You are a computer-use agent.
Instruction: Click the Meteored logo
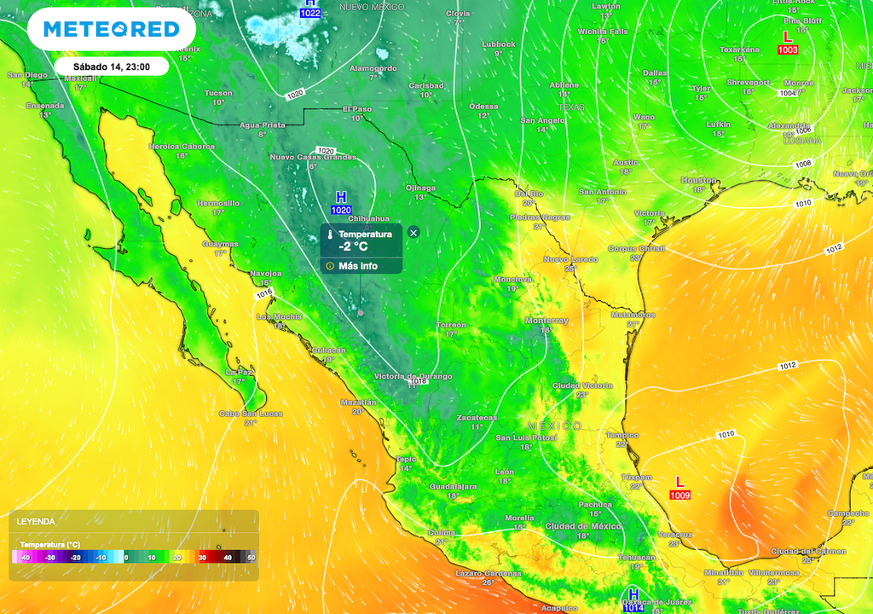coord(112,29)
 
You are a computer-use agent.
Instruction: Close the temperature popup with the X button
coord(413,232)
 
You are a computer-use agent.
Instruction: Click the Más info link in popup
coord(358,266)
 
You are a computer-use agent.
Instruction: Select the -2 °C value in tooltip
coord(353,246)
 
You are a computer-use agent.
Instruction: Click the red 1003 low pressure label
coord(787,50)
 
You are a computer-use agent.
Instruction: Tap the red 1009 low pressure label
coord(679,495)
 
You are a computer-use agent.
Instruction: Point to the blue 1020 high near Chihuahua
coord(341,210)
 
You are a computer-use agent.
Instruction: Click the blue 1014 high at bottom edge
coord(633,608)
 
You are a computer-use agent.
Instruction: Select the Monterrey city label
coord(546,320)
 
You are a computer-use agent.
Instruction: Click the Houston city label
coord(699,180)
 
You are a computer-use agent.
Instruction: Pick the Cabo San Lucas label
coord(251,414)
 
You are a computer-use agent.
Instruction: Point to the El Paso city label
coord(357,108)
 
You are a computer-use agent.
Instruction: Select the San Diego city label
coord(26,74)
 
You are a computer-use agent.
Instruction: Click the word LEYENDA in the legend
coord(36,521)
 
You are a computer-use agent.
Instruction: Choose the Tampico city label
coord(622,434)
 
